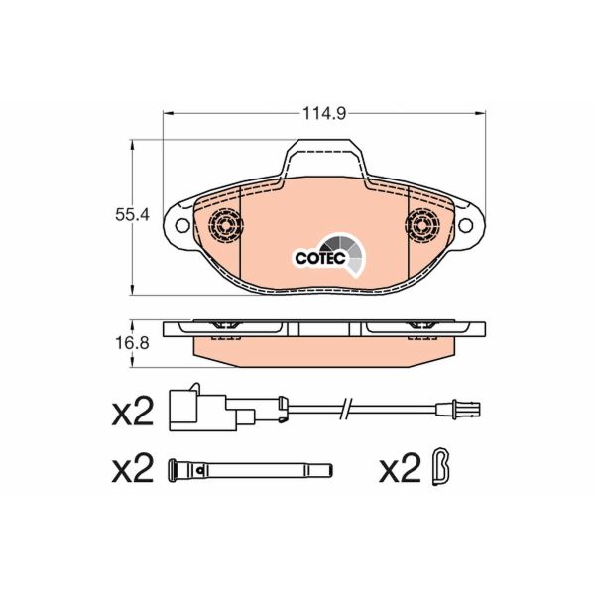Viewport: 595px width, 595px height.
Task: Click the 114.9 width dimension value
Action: (323, 114)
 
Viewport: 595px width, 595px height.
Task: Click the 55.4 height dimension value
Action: (132, 213)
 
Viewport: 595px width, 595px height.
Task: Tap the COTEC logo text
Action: (318, 257)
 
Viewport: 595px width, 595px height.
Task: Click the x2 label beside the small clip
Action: (401, 468)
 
